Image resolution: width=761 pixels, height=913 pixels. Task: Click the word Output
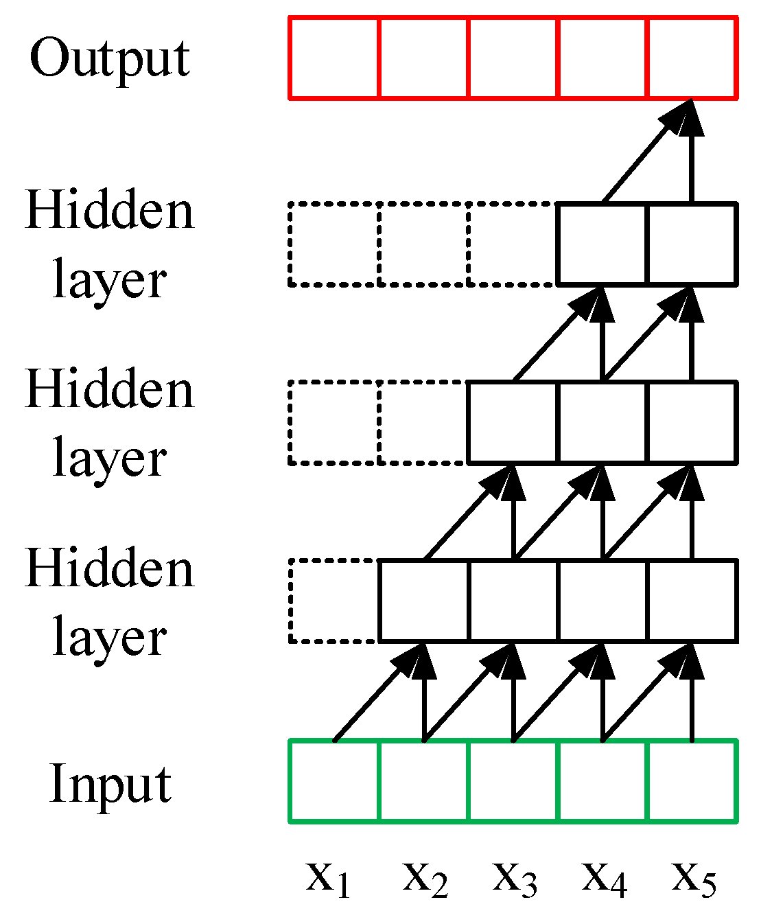110,59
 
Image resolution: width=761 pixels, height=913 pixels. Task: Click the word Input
110,783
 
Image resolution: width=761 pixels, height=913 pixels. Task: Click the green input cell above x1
334,781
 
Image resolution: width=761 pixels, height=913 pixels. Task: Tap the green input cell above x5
692,781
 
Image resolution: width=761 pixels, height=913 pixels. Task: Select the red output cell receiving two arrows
692,58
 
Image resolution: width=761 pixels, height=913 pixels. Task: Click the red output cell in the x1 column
334,58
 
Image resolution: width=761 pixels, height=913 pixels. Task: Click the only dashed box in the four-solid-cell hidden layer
335,601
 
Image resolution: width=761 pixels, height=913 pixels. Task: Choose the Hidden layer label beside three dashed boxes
110,244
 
